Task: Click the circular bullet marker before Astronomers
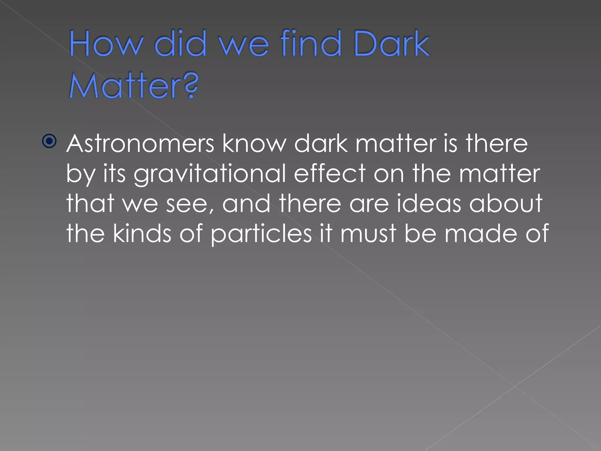[49, 142]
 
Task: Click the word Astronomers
[141, 144]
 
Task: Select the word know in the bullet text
[254, 144]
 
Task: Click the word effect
[330, 174]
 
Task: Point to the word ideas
[429, 203]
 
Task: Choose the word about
[506, 203]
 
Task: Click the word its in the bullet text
[114, 174]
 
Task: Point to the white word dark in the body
[321, 144]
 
